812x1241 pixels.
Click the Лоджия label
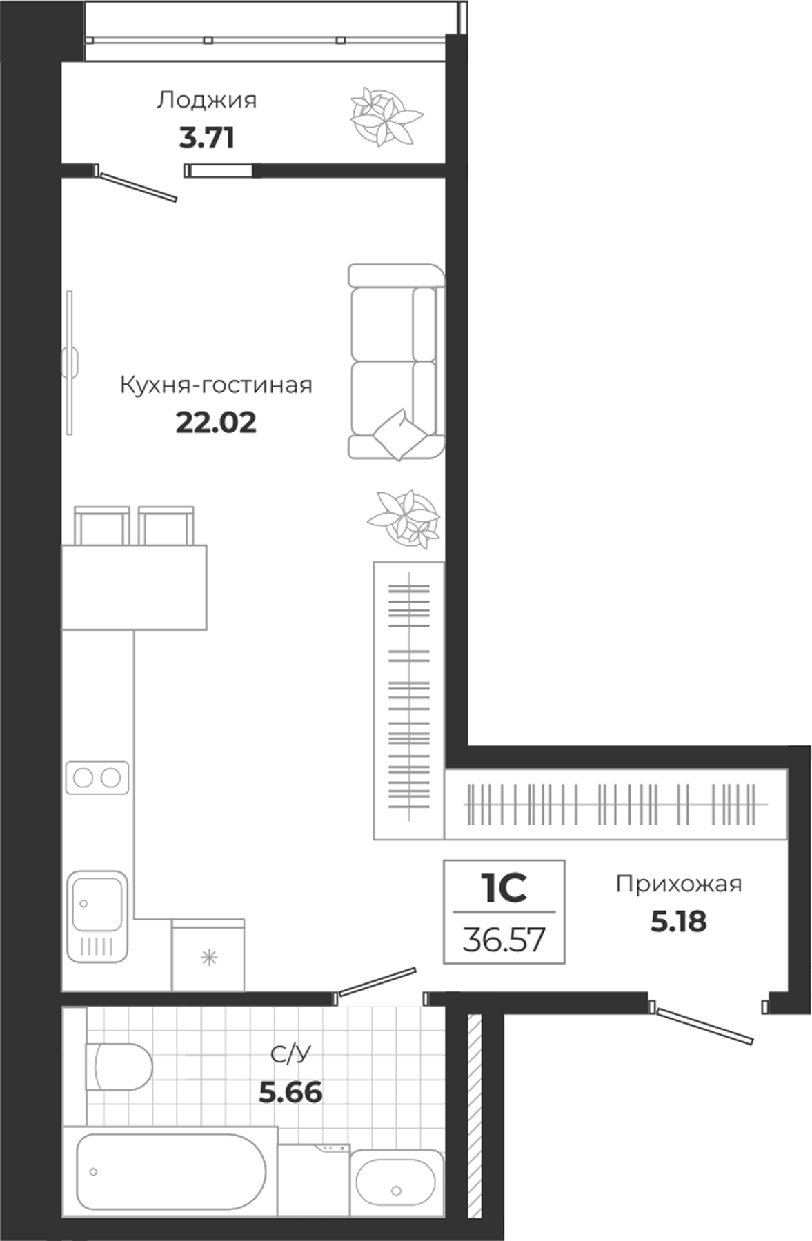pos(206,101)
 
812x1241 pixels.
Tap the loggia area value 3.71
pos(206,138)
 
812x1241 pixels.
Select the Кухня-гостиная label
pos(216,385)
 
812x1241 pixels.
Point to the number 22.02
pos(216,422)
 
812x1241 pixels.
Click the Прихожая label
pos(678,884)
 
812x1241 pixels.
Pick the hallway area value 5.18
pos(678,921)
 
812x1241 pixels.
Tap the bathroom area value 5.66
pos(290,1092)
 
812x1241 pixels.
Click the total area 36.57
pos(504,939)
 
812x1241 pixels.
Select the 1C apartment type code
pos(504,889)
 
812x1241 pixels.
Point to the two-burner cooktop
pos(97,778)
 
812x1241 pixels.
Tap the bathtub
pos(169,1171)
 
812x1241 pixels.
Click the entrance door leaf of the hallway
pos(704,1025)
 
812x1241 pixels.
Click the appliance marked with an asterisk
pos(208,958)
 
